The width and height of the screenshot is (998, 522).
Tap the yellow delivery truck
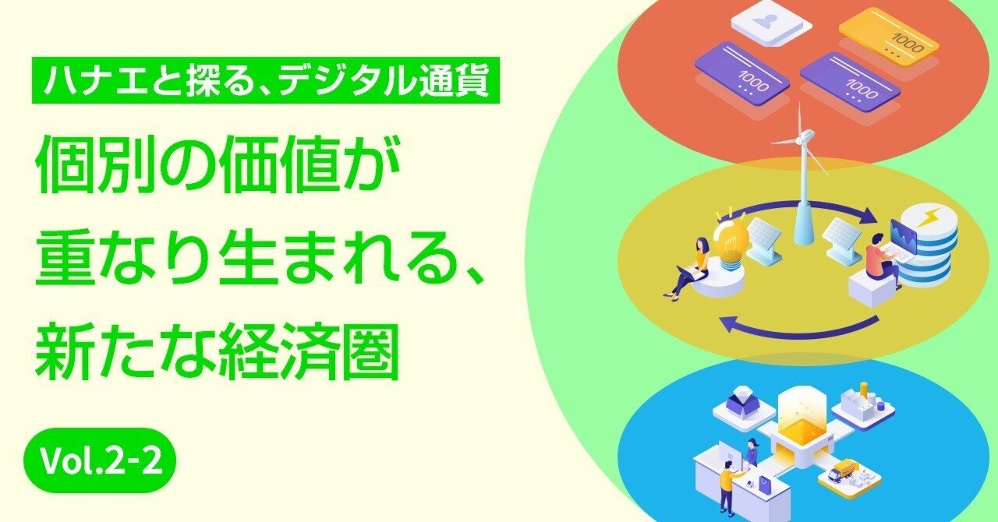pos(845,469)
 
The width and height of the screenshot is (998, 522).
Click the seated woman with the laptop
pos(689,266)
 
